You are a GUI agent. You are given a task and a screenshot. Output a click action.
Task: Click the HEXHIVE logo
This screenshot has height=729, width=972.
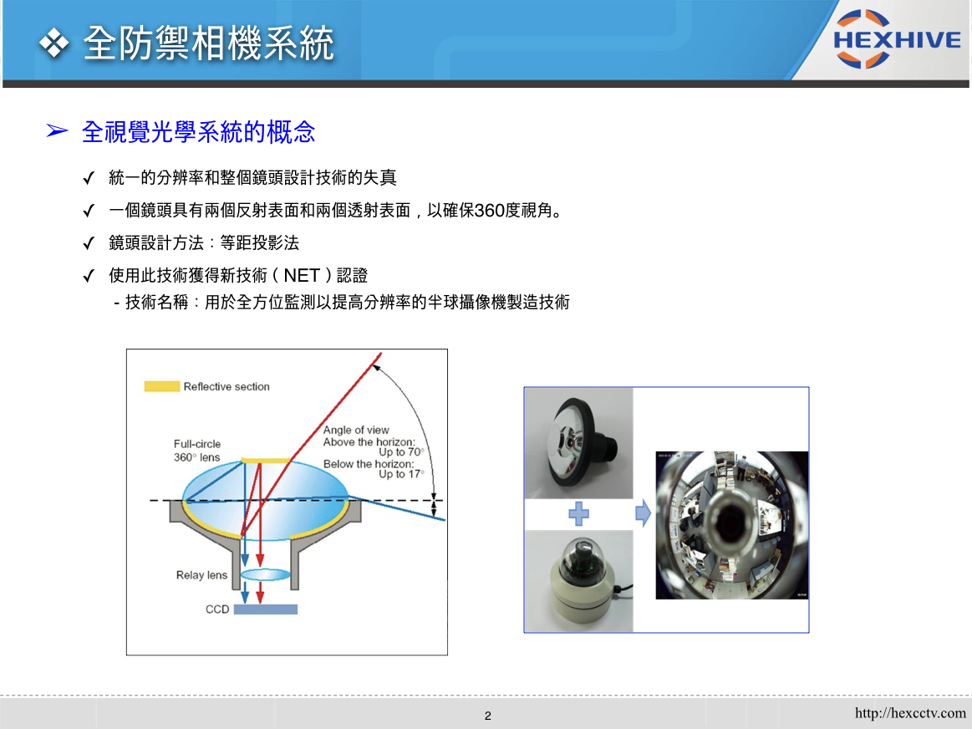coord(897,39)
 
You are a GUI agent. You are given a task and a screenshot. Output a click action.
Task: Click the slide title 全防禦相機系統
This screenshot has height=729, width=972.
coord(208,43)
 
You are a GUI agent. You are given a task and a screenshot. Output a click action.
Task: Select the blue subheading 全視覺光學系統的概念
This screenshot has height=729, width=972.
coord(198,131)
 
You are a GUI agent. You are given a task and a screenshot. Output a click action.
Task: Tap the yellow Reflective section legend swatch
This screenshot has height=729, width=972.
coord(162,386)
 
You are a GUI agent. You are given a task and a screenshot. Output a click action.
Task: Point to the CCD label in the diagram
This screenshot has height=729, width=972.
coord(217,609)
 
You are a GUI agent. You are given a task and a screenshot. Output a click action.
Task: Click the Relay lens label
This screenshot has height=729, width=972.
coord(201,575)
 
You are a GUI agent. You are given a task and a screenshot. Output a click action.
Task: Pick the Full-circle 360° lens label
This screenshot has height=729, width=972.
coord(197,451)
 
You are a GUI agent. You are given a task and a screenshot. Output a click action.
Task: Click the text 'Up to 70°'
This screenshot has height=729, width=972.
coord(401,452)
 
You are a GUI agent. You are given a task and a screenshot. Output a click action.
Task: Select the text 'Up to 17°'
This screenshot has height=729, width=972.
coord(401,474)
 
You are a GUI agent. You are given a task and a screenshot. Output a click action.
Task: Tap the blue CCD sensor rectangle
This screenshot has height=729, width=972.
coord(265,609)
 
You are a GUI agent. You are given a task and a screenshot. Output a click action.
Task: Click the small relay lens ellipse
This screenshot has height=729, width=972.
coord(265,574)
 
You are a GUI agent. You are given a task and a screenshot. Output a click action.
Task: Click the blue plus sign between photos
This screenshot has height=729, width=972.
coord(578,513)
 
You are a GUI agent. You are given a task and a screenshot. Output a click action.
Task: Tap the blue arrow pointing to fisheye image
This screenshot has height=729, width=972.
coord(643,513)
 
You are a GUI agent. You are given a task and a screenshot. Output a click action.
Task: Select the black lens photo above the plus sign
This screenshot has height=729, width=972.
coord(578,443)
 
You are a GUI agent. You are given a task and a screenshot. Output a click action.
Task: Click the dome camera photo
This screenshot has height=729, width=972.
coord(578,581)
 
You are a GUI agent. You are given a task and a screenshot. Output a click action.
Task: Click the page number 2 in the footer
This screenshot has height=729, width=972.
coord(488,716)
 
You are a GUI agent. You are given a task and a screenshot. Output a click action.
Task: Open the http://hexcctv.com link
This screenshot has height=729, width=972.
coord(910,713)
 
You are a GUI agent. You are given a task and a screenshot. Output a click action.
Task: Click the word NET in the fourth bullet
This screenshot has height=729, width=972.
coord(301,275)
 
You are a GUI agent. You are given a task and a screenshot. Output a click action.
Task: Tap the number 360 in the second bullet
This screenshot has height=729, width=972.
coord(489,211)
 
